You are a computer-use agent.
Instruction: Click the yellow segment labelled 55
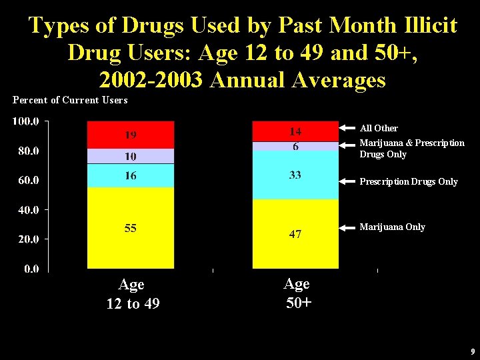tap(131, 228)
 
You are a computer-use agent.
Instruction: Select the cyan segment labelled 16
tap(131, 175)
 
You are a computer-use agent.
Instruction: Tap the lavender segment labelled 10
tap(131, 156)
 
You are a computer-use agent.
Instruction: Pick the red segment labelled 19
tap(131, 135)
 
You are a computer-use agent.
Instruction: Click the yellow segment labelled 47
tap(295, 233)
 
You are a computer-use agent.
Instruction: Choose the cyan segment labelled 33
tap(295, 175)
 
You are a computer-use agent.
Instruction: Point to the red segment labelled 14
tap(295, 131)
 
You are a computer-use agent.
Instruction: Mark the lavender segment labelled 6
tap(295, 146)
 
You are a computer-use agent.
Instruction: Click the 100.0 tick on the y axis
tap(26, 121)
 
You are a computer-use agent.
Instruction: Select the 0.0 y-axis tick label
tap(31, 269)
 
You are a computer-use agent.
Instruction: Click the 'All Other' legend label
tap(379, 128)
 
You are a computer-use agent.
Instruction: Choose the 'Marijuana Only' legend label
tap(392, 227)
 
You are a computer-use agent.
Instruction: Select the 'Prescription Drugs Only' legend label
tap(409, 181)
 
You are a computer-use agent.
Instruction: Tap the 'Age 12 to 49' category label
tap(132, 294)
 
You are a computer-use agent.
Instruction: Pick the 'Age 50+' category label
tap(297, 293)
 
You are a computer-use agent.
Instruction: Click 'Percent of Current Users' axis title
tap(70, 100)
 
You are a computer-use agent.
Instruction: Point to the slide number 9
tap(471, 351)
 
